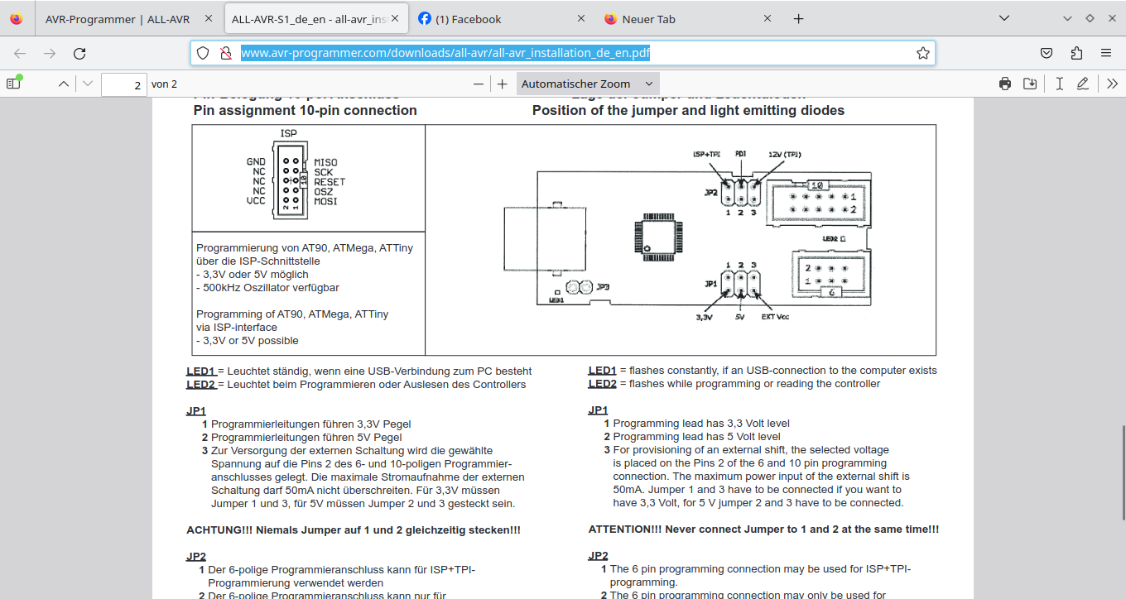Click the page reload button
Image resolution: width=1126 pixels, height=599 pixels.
pyautogui.click(x=79, y=54)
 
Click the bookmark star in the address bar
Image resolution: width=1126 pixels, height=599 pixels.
pyautogui.click(x=922, y=54)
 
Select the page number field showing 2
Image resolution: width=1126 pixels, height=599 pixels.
pyautogui.click(x=123, y=84)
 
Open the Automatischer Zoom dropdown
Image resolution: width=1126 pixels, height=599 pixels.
pyautogui.click(x=587, y=84)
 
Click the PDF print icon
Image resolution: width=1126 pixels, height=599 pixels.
pyautogui.click(x=1005, y=84)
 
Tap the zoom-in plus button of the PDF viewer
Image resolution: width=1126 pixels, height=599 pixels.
pyautogui.click(x=502, y=84)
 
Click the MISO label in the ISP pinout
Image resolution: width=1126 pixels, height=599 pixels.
pyautogui.click(x=325, y=162)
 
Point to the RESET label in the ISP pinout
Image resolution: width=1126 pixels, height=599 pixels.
pyautogui.click(x=330, y=182)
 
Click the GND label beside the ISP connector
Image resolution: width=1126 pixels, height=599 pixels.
pyautogui.click(x=256, y=162)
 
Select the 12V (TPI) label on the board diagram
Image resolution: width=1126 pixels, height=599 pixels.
pyautogui.click(x=785, y=155)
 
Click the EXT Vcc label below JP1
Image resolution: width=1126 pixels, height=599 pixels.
pyautogui.click(x=775, y=317)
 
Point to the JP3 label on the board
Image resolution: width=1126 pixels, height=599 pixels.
pyautogui.click(x=604, y=287)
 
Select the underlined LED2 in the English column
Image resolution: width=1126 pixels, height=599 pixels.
pyautogui.click(x=602, y=384)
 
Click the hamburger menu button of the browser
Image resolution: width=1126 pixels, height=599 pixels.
pyautogui.click(x=1106, y=54)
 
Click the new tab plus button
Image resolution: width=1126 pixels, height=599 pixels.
pyautogui.click(x=798, y=19)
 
